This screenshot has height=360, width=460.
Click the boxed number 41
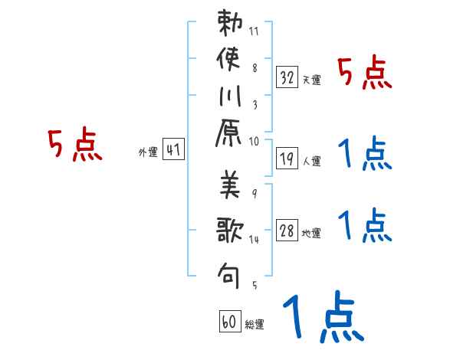pyautogui.click(x=173, y=150)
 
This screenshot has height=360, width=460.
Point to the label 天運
pyautogui.click(x=311, y=80)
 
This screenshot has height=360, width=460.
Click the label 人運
pyautogui.click(x=311, y=162)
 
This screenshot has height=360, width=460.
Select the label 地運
pyautogui.click(x=311, y=234)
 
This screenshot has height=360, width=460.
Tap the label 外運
pyautogui.click(x=148, y=152)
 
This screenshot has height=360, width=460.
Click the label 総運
pyautogui.click(x=255, y=324)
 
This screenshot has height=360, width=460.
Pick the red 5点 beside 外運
pyautogui.click(x=75, y=146)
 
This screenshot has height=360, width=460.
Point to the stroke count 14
pyautogui.click(x=254, y=240)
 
